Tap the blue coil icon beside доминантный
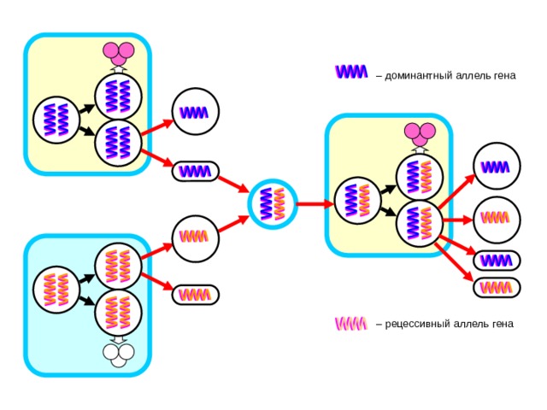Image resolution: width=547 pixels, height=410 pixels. click(x=351, y=72)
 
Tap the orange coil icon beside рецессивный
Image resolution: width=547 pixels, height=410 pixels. click(x=351, y=323)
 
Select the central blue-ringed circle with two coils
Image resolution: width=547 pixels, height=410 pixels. click(x=273, y=203)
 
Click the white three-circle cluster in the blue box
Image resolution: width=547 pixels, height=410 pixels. click(x=119, y=355)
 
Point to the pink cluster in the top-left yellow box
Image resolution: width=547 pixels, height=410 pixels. click(x=119, y=53)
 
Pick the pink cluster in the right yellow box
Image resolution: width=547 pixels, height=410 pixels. click(x=420, y=134)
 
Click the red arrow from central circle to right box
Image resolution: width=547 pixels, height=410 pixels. click(x=315, y=203)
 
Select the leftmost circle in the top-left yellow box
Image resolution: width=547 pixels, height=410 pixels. click(x=56, y=120)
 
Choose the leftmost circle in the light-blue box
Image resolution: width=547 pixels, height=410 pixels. click(x=56, y=290)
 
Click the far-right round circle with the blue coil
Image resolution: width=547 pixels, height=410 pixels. click(x=497, y=167)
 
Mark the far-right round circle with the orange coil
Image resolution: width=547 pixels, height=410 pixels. click(x=497, y=220)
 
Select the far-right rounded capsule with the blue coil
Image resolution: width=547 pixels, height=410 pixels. click(x=497, y=261)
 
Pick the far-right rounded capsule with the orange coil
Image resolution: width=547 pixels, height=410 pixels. click(x=497, y=288)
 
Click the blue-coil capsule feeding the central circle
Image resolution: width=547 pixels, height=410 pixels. click(x=196, y=171)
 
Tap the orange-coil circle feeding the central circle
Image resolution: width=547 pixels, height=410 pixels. click(x=196, y=239)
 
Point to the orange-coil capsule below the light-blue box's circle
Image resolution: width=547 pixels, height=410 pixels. click(x=196, y=295)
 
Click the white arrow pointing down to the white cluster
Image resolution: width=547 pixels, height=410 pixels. click(x=119, y=339)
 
